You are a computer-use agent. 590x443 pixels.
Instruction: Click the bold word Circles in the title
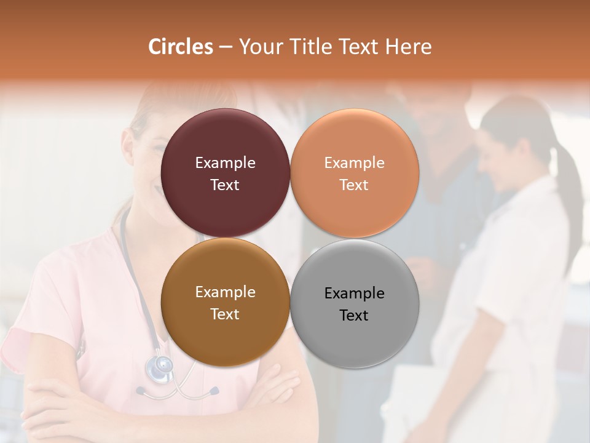pos(180,47)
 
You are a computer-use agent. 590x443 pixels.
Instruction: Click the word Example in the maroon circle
pos(225,162)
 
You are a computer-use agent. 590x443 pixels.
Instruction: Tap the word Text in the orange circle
pos(354,185)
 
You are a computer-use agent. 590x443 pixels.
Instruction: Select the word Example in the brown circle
pos(225,292)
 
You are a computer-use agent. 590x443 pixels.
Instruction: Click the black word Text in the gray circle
pos(354,315)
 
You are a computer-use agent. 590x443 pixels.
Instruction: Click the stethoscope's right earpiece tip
pos(214,390)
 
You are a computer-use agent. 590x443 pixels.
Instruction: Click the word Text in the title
pos(360,47)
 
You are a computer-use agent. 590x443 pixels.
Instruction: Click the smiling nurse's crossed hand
pos(277,381)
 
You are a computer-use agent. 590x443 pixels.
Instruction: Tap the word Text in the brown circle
pos(225,314)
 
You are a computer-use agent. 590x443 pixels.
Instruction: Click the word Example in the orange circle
pos(354,162)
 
